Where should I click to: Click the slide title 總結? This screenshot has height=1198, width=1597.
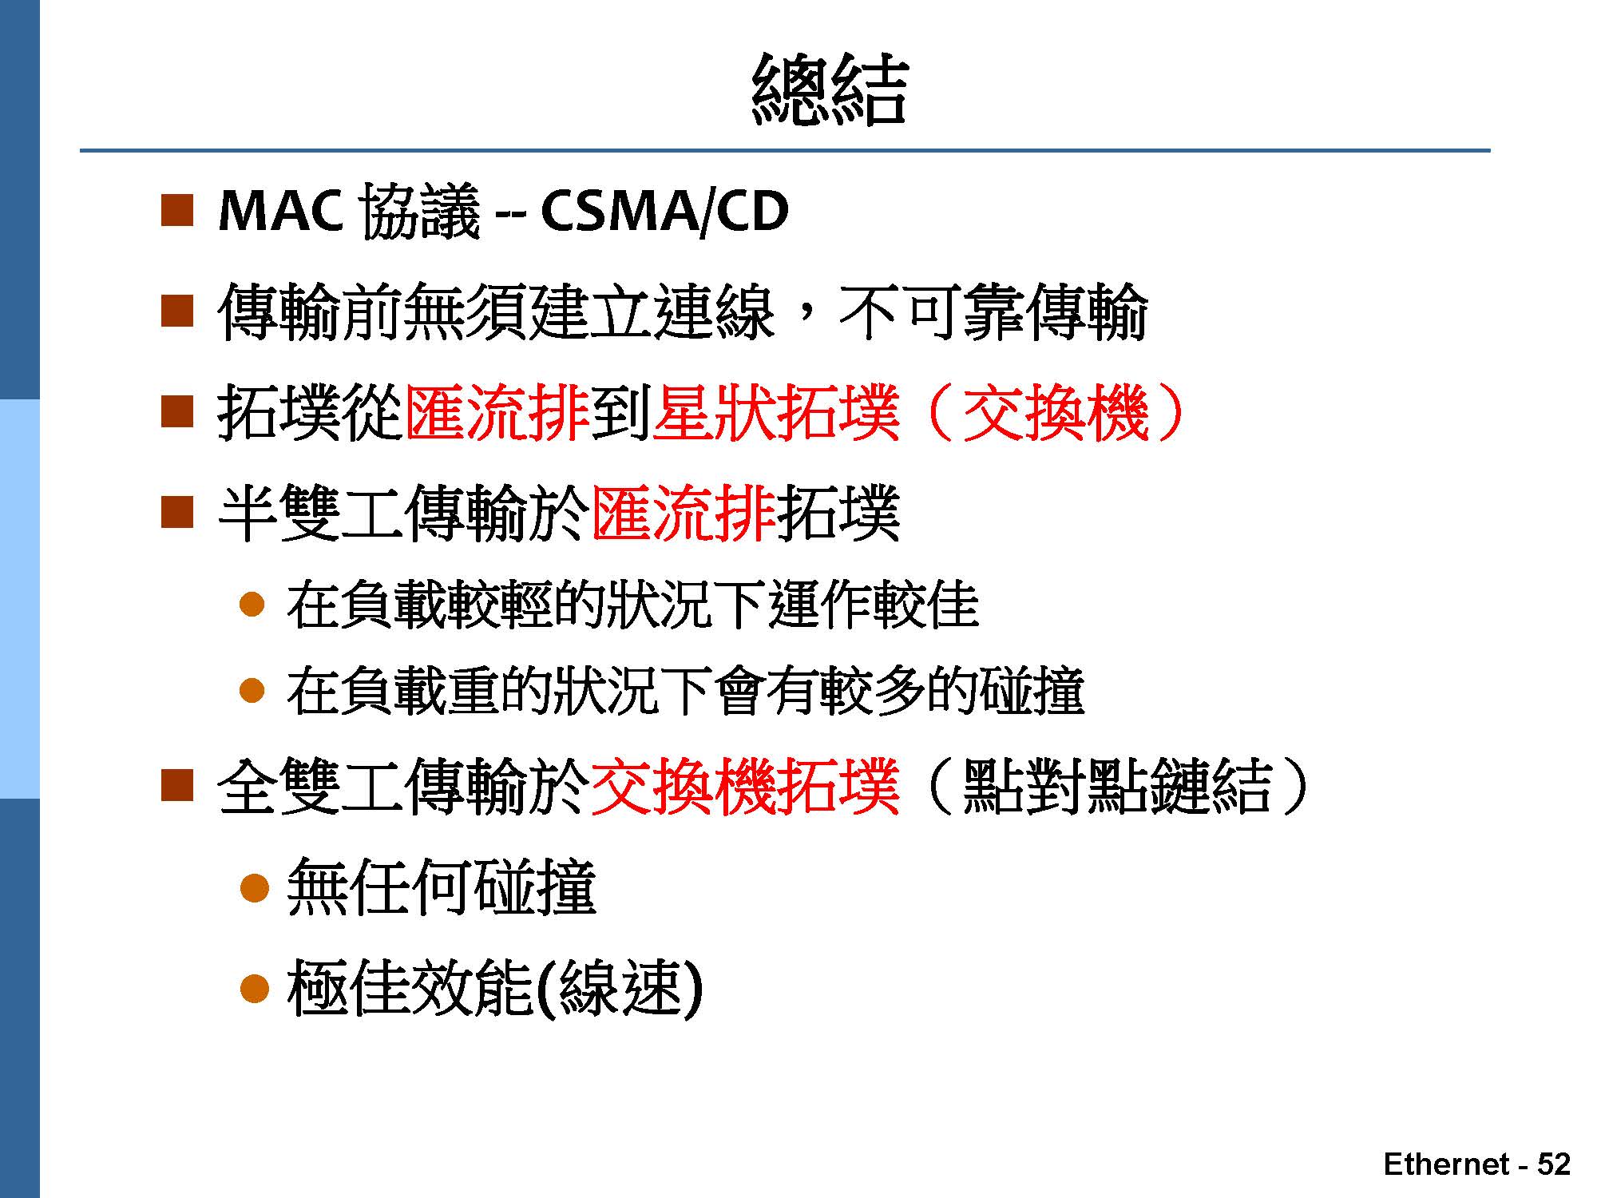[x=830, y=89]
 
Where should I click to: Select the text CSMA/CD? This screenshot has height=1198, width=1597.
[x=664, y=212]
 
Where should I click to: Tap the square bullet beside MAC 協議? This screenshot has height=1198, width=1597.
[x=177, y=211]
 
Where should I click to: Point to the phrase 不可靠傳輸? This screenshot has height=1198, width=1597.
[x=993, y=312]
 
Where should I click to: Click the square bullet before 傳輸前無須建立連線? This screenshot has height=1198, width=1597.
[x=177, y=311]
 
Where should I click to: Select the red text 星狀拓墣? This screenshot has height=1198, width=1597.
[x=776, y=413]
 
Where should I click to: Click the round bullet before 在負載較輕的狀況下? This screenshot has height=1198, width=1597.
[x=252, y=604]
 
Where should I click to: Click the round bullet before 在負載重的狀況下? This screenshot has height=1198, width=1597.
[x=252, y=690]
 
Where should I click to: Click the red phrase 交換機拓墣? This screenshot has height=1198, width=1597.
[x=746, y=787]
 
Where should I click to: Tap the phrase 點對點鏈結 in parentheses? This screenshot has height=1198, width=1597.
[x=1117, y=787]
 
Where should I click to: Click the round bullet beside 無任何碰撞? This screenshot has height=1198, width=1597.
[x=254, y=887]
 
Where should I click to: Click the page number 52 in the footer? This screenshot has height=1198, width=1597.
[x=1553, y=1164]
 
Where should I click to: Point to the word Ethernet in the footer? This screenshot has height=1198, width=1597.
[x=1446, y=1164]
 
